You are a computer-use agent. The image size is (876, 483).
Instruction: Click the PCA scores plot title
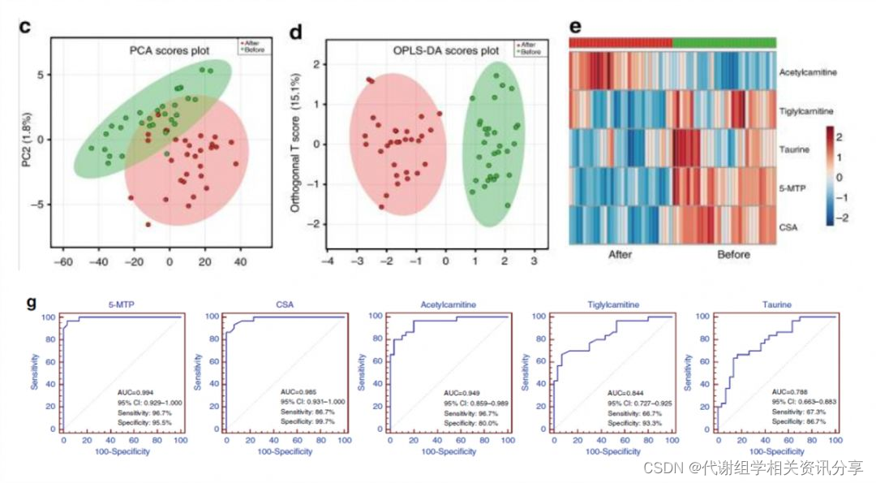[x=170, y=51]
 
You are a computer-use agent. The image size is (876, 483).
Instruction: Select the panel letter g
[x=31, y=303]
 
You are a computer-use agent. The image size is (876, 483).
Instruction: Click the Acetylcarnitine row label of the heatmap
[x=808, y=73]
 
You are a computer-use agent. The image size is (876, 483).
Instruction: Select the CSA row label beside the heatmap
[x=788, y=226]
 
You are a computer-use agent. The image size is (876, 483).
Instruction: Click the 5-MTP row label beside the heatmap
[x=792, y=188]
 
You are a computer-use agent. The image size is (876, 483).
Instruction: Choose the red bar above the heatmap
[x=620, y=42]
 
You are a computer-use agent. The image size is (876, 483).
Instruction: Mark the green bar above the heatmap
[x=724, y=42]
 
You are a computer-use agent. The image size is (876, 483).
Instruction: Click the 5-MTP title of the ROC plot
[x=121, y=306]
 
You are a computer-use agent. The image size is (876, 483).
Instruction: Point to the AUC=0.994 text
[x=135, y=392]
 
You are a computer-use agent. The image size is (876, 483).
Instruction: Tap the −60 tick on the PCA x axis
[x=62, y=262]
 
